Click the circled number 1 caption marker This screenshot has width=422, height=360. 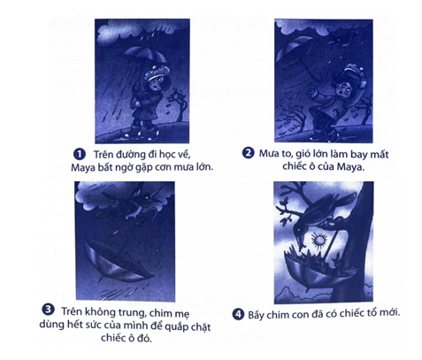[79, 154]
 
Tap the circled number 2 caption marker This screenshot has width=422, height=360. [248, 153]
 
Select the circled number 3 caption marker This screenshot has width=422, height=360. [48, 310]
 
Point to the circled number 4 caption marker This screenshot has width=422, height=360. [238, 314]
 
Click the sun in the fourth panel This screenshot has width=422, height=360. [319, 241]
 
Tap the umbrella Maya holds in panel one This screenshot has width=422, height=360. [143, 55]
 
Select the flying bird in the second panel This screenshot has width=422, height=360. [341, 38]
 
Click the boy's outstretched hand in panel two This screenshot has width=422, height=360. [312, 94]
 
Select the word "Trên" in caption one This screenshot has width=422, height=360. [103, 155]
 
